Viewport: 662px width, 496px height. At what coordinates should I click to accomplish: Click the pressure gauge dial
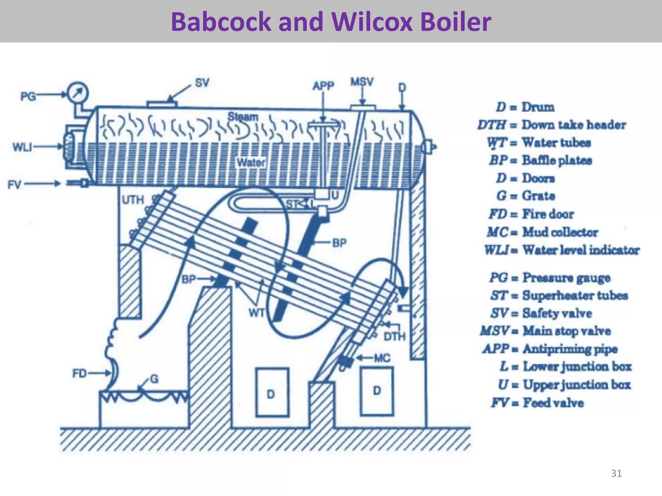pyautogui.click(x=78, y=93)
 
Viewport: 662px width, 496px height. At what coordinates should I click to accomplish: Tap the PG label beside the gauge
pyautogui.click(x=28, y=96)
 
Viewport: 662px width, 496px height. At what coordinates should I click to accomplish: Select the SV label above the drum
pyautogui.click(x=202, y=83)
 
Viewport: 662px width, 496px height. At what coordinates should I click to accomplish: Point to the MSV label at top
pyautogui.click(x=362, y=82)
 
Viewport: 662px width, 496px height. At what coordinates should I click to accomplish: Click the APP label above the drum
pyautogui.click(x=323, y=86)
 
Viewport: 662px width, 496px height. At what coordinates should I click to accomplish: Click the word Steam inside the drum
pyautogui.click(x=243, y=117)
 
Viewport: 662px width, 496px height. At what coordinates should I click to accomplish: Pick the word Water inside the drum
pyautogui.click(x=251, y=162)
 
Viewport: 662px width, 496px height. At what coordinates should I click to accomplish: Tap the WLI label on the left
pyautogui.click(x=22, y=147)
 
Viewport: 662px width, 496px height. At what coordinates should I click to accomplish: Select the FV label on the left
pyautogui.click(x=15, y=185)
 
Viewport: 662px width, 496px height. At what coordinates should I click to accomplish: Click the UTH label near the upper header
pyautogui.click(x=133, y=200)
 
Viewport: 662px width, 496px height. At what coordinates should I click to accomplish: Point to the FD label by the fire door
pyautogui.click(x=80, y=374)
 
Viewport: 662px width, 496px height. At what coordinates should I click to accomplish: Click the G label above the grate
pyautogui.click(x=154, y=379)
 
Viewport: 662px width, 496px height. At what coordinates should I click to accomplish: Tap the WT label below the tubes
pyautogui.click(x=257, y=313)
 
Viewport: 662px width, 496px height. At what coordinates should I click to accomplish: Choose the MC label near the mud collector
pyautogui.click(x=382, y=358)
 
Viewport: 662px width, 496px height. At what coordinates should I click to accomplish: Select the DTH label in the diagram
pyautogui.click(x=394, y=337)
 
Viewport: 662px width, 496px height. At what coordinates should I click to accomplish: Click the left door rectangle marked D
pyautogui.click(x=272, y=392)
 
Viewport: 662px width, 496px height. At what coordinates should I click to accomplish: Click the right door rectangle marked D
pyautogui.click(x=377, y=391)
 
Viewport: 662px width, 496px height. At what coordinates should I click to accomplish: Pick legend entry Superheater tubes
pyautogui.click(x=559, y=295)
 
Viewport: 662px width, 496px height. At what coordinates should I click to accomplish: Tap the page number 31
pyautogui.click(x=616, y=473)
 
